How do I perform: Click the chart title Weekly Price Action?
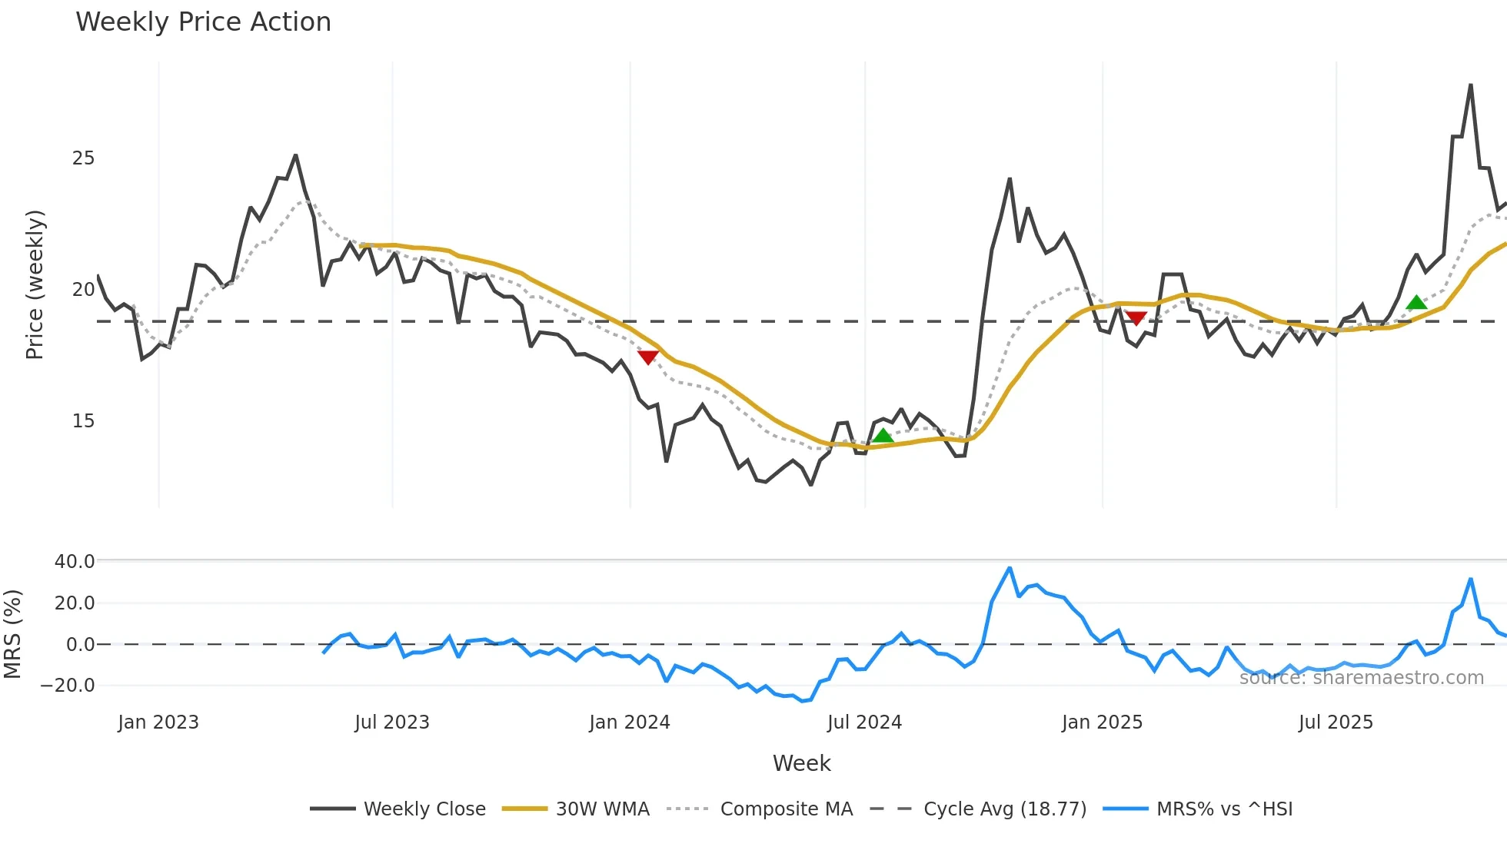point(203,22)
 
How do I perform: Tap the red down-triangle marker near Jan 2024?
point(648,357)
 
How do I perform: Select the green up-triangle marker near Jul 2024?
point(883,436)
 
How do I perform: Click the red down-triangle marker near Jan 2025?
point(1136,317)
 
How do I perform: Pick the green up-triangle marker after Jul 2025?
point(1416,302)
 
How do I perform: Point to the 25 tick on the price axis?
point(83,158)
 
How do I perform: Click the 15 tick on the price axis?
point(83,421)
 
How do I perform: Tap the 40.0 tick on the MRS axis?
point(75,562)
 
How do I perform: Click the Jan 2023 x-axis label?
point(158,722)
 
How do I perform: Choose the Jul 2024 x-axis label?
point(864,722)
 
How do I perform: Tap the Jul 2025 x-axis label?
point(1336,722)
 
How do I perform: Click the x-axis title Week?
point(801,763)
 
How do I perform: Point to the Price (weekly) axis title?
point(35,284)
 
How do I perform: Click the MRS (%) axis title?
point(12,634)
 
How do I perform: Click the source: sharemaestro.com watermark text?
point(1361,678)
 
